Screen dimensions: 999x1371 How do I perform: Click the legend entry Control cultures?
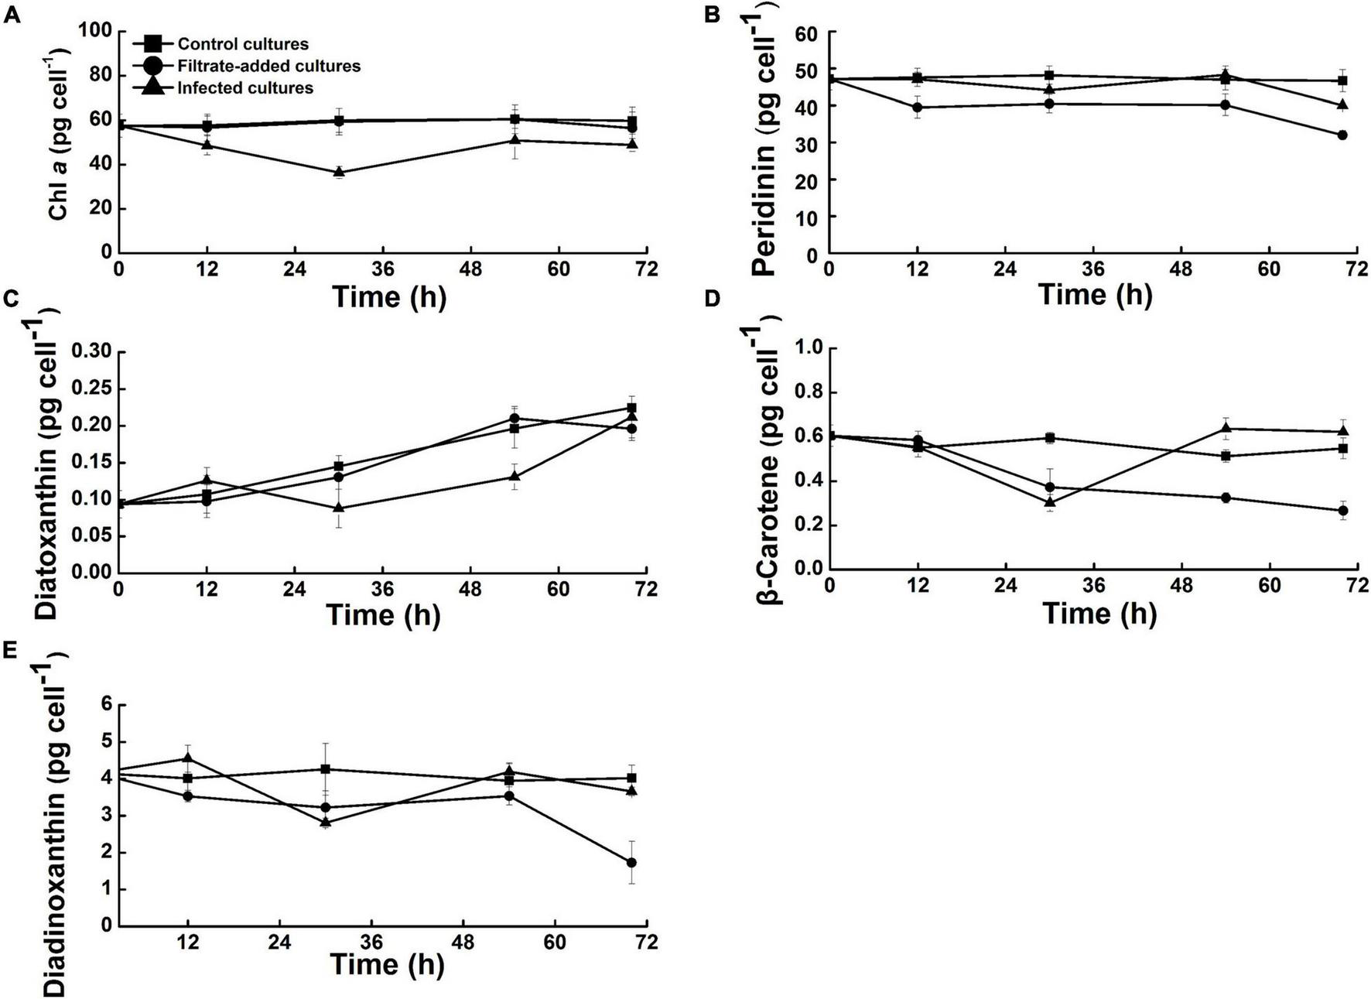243,44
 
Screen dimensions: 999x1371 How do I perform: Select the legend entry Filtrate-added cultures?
268,66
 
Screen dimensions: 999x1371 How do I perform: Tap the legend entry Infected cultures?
244,87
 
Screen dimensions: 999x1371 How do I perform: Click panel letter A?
10,15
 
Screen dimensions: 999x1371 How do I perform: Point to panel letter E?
10,650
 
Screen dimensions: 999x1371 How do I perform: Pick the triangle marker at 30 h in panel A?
339,172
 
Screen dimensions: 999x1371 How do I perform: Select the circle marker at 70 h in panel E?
631,862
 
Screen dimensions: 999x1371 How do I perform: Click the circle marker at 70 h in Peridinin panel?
1342,135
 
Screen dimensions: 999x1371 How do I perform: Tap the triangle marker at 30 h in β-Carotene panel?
1050,501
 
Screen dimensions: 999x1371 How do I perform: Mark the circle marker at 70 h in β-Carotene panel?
1343,511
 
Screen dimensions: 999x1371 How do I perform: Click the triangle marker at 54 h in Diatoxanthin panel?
515,476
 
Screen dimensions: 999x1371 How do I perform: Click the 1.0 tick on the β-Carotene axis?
808,349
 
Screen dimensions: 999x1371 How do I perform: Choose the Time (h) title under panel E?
388,965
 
